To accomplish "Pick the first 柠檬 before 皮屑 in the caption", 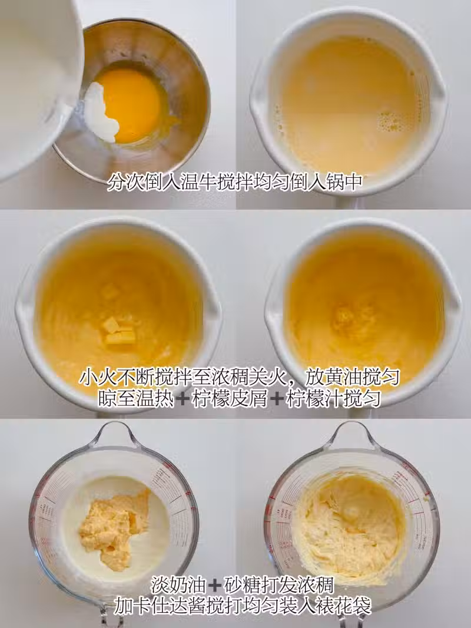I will pos(210,399).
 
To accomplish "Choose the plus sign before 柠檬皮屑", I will pos(183,399).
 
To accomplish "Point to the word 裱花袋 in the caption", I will pos(347,606).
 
